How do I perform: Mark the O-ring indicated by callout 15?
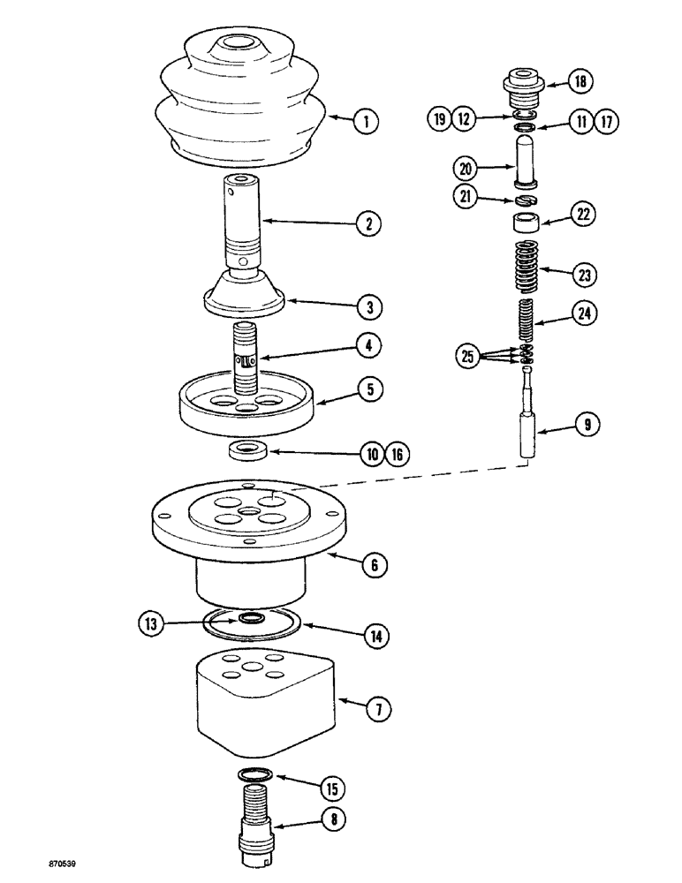(257, 774)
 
